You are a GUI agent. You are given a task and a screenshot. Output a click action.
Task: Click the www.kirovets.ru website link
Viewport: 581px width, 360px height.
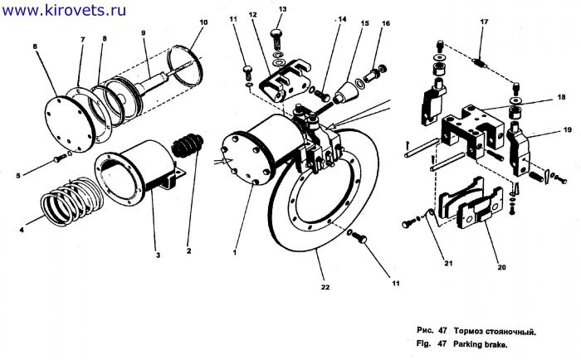click(x=64, y=10)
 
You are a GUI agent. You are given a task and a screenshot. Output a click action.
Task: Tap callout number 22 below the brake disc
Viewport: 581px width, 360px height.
click(x=325, y=287)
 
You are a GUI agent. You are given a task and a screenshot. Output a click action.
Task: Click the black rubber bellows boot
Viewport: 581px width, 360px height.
click(x=188, y=145)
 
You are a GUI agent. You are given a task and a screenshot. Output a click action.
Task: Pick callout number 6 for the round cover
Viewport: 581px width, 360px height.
click(x=35, y=46)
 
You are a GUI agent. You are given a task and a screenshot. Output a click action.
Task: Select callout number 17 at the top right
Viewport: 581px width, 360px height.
click(x=484, y=22)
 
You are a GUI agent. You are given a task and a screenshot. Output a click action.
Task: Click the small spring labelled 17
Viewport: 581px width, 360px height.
click(x=480, y=63)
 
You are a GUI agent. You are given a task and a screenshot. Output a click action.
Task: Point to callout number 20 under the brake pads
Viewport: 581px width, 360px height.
click(x=501, y=267)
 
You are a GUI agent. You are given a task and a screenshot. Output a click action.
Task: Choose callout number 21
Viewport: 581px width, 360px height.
click(x=448, y=263)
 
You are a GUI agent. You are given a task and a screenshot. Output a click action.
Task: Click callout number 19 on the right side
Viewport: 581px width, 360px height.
click(x=567, y=129)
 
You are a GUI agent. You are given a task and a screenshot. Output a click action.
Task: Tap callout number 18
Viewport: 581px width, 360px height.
click(x=561, y=97)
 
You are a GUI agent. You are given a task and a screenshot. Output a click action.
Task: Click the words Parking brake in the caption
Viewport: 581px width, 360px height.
click(x=480, y=344)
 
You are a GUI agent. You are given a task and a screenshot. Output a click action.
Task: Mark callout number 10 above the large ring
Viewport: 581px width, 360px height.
click(x=203, y=22)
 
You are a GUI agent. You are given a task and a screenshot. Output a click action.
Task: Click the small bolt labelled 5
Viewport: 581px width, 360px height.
click(x=60, y=158)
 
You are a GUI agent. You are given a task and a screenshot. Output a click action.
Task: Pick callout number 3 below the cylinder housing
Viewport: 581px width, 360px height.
click(x=158, y=255)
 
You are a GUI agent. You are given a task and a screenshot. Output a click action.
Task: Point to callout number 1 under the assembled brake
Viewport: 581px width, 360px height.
click(x=235, y=252)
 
